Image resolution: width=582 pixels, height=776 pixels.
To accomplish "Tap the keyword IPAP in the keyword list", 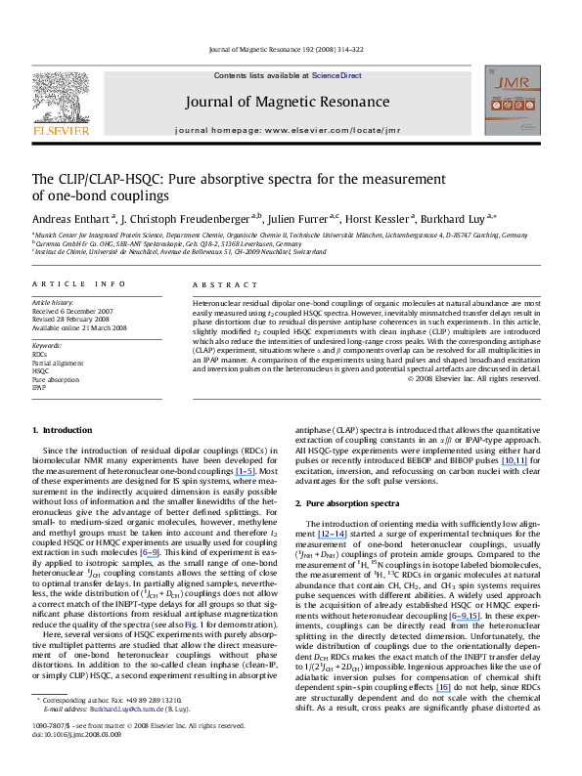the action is pyautogui.click(x=40, y=388).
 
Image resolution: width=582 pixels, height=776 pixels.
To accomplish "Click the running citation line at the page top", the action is pyautogui.click(x=291, y=50).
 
